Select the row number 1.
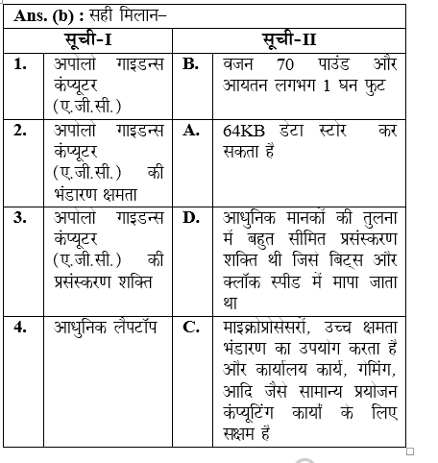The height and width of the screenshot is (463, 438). tap(20, 64)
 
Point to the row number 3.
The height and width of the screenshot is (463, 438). tap(20, 217)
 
